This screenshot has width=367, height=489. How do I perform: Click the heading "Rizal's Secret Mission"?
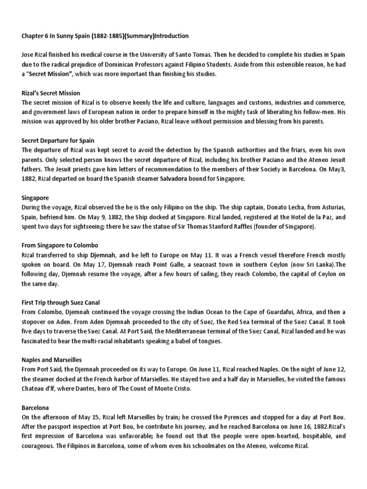(x=51, y=93)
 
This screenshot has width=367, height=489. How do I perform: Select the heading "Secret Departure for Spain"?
(x=58, y=140)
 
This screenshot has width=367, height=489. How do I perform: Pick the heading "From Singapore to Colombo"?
(x=59, y=244)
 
